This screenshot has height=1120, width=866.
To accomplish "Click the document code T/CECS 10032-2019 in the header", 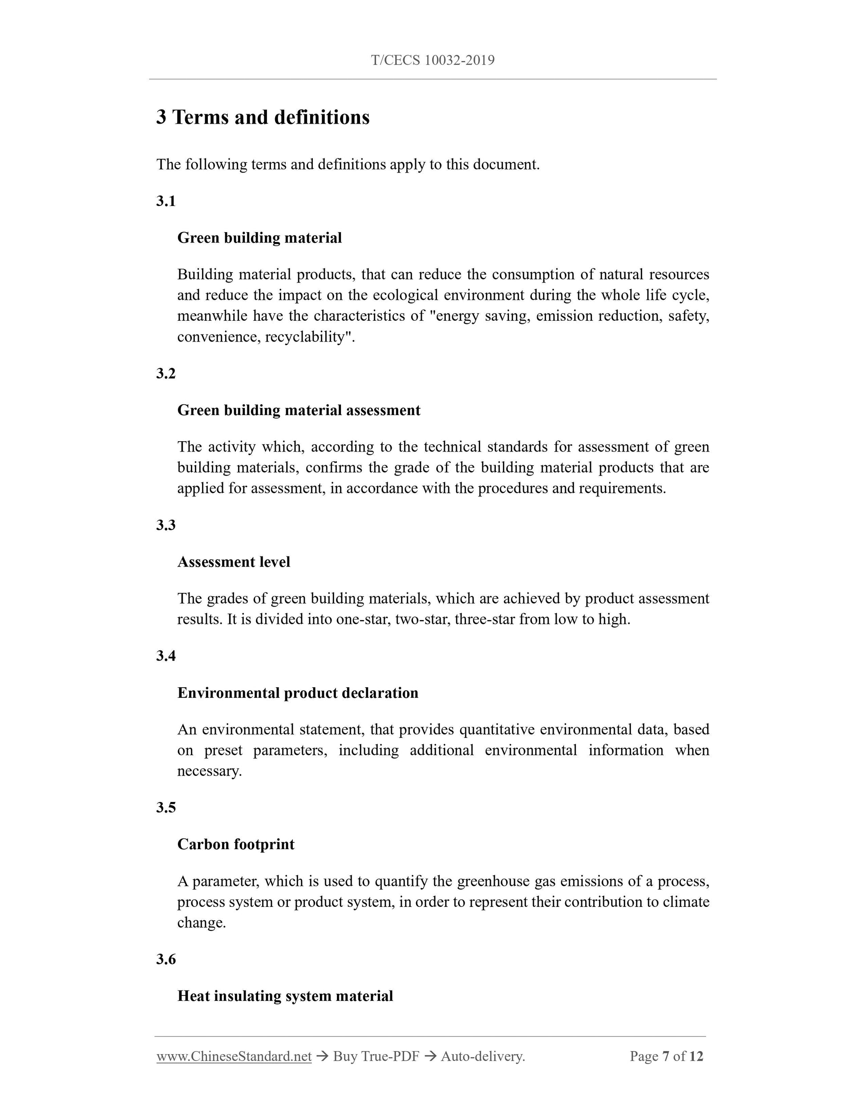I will point(433,60).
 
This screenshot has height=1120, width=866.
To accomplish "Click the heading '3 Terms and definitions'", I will point(263,117).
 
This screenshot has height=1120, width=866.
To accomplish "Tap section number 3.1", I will point(166,201).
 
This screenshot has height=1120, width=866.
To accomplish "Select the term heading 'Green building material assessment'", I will point(299,410).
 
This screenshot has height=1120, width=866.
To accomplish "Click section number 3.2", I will point(166,373).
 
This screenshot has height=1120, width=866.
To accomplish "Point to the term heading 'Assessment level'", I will point(234,562).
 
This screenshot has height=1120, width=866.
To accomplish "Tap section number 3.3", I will point(166,525).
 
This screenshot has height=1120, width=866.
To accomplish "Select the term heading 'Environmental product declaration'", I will point(298,693).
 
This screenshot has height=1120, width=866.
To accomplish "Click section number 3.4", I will point(166,656).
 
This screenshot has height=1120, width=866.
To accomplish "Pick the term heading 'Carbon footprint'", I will point(235,845).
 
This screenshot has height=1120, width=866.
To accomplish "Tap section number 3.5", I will point(166,808).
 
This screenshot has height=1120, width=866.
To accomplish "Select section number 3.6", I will point(166,959).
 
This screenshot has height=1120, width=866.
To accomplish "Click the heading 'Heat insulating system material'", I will point(285,996).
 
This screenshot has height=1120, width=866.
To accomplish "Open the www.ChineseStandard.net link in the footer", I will point(234,1056).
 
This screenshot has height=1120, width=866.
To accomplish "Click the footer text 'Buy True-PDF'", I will point(376,1056).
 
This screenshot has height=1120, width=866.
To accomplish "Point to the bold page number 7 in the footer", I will point(666,1056).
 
